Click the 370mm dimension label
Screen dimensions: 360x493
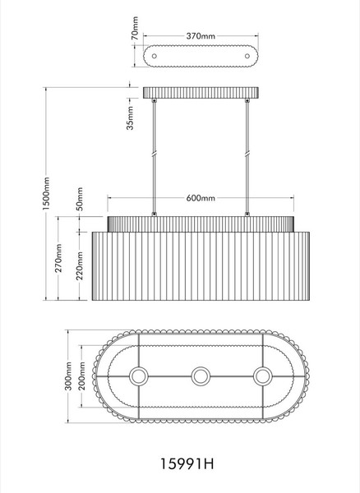click(x=201, y=36)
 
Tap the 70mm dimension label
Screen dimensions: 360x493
click(x=135, y=28)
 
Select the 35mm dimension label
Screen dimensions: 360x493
click(x=130, y=117)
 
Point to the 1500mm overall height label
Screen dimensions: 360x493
click(x=46, y=193)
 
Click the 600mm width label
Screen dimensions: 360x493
click(x=201, y=198)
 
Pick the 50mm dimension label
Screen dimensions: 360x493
click(x=80, y=199)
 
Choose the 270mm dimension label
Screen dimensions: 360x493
click(x=59, y=258)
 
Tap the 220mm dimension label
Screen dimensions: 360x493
click(x=80, y=265)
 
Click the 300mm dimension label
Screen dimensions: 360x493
click(x=68, y=376)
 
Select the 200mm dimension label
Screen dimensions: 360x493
click(x=81, y=376)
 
